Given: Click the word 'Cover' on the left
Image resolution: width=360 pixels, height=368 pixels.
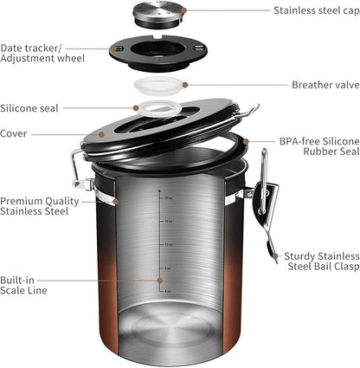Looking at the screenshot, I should tap(15, 133).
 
